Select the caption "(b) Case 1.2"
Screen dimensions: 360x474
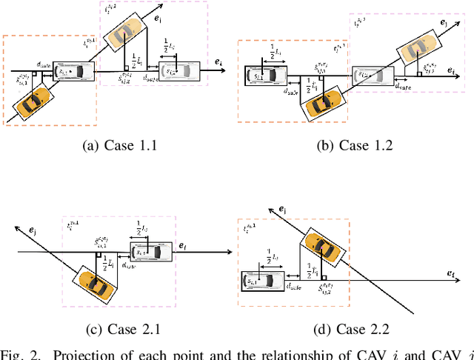(355, 145)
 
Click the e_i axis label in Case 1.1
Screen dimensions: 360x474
(218, 62)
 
